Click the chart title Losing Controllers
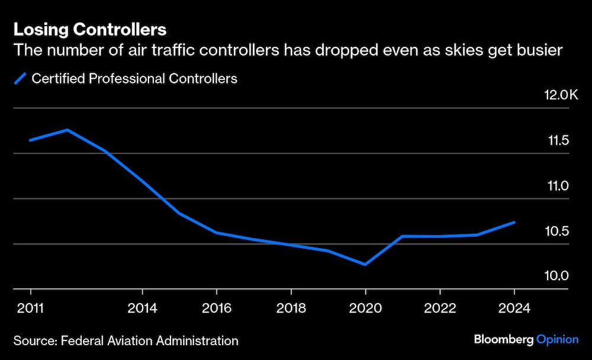90,30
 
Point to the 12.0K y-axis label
561,95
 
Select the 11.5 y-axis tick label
558,141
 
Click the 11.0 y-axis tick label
558,186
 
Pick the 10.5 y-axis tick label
558,231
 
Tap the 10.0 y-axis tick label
558,276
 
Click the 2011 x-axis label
30,308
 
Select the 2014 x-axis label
142,308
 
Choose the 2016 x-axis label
217,308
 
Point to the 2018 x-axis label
291,308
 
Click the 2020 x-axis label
365,308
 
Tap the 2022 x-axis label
440,308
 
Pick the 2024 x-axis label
514,308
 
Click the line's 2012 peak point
67,130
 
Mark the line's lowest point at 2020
365,264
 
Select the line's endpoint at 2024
514,223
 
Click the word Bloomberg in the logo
503,340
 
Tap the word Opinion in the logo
557,340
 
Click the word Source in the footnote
32,340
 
